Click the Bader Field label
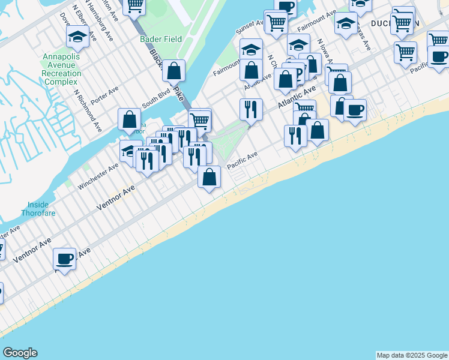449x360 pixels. pos(160,39)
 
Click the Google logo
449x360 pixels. pos(20,353)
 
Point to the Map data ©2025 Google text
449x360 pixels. pos(412,355)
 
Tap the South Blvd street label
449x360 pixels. pos(154,100)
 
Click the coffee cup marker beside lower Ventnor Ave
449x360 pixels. pos(64,259)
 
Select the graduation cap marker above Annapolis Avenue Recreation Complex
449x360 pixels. pos(77,37)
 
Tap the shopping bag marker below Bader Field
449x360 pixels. pos(173,71)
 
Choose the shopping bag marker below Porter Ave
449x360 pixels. pos(130,119)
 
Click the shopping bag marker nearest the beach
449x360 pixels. pos(209,177)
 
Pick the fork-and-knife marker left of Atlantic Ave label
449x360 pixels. pos(250,109)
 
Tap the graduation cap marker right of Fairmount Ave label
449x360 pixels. pos(345,23)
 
